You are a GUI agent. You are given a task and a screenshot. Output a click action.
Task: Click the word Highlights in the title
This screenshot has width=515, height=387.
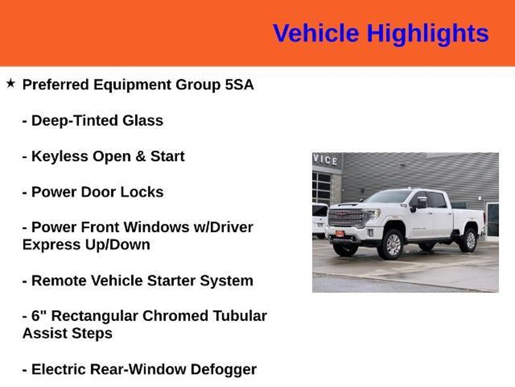click(x=428, y=34)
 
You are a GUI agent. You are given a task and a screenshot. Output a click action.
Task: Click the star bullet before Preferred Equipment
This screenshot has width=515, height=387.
click(x=11, y=83)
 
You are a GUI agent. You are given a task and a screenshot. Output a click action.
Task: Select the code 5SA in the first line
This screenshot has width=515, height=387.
click(x=239, y=84)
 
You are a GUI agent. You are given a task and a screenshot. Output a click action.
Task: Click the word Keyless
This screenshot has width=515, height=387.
click(x=59, y=156)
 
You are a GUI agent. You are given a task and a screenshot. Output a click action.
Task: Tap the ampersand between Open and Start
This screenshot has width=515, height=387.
click(x=141, y=156)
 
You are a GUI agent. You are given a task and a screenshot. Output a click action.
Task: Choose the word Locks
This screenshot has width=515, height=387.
click(x=142, y=192)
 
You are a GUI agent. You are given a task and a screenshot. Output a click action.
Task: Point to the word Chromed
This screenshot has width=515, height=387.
click(x=175, y=316)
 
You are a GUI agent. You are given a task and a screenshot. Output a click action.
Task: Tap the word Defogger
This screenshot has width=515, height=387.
click(x=224, y=370)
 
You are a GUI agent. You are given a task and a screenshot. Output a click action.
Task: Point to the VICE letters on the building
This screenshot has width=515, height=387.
click(x=326, y=160)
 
